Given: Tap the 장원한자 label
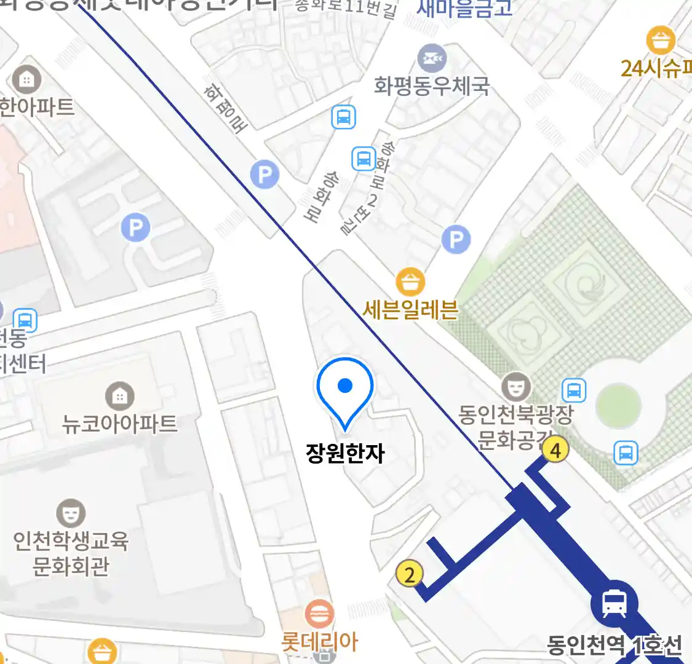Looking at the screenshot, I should [x=345, y=454].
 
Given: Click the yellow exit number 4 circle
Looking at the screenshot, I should [x=555, y=450].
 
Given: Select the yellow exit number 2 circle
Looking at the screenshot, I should [x=409, y=574].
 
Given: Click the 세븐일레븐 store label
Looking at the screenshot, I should [x=410, y=309].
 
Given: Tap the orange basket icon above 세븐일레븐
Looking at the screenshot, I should [x=410, y=282].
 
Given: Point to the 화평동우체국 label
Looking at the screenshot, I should [x=431, y=85].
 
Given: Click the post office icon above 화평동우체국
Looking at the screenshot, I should [x=432, y=59].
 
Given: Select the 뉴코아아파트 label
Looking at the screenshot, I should [x=119, y=424].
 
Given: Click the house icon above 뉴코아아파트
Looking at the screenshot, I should [x=119, y=397].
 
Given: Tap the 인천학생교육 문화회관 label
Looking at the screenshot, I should [x=71, y=553].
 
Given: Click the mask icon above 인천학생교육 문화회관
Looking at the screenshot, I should [x=71, y=513].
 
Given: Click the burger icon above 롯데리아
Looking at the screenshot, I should [x=319, y=614].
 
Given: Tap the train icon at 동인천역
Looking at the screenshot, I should [x=614, y=603].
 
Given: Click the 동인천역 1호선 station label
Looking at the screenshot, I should [x=614, y=645].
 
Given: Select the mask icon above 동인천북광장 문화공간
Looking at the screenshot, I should [x=515, y=386].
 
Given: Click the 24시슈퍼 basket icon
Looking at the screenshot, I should [x=661, y=41].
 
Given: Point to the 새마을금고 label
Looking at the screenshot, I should [x=464, y=9].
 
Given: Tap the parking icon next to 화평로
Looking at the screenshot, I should [x=264, y=175].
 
